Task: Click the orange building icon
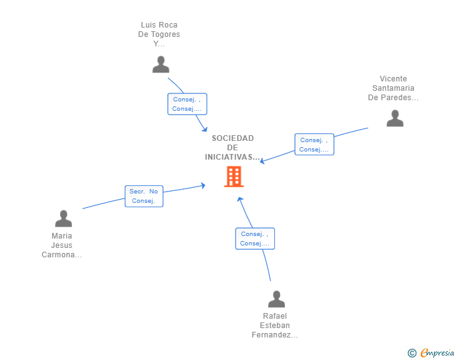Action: click(x=234, y=176)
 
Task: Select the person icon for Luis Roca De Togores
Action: click(x=161, y=64)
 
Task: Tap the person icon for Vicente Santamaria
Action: click(x=395, y=118)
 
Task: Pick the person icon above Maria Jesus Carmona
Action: click(x=63, y=219)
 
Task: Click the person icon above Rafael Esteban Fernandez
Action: click(x=276, y=299)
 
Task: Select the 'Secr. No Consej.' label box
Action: click(x=144, y=197)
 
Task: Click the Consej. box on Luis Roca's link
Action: click(x=187, y=104)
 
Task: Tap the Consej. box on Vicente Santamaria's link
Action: click(x=314, y=144)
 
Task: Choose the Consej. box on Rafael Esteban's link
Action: click(x=255, y=239)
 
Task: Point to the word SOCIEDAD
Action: click(x=232, y=138)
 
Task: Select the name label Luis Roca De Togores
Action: click(x=159, y=34)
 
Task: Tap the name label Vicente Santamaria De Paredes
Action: click(x=393, y=88)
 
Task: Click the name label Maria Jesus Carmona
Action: click(x=61, y=245)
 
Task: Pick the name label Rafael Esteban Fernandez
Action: click(x=275, y=326)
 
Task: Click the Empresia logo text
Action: click(x=437, y=353)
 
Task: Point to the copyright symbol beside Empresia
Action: click(x=412, y=353)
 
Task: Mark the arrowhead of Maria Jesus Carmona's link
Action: click(x=204, y=185)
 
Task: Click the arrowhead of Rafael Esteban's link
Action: click(x=240, y=199)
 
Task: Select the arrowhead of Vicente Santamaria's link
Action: click(x=262, y=161)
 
